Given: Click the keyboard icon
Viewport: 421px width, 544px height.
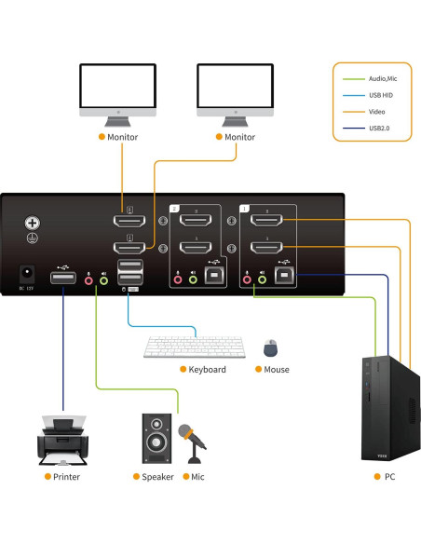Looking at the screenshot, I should [194, 347].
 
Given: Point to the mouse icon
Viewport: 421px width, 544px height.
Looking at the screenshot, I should [270, 348].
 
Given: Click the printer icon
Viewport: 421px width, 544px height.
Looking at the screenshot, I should [63, 440].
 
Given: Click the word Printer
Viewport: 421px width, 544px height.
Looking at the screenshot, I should [66, 477].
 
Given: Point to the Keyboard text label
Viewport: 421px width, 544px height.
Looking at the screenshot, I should [207, 370].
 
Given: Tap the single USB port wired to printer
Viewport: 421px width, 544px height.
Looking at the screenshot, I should [62, 279].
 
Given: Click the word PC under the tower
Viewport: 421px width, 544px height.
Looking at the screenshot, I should [388, 477].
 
